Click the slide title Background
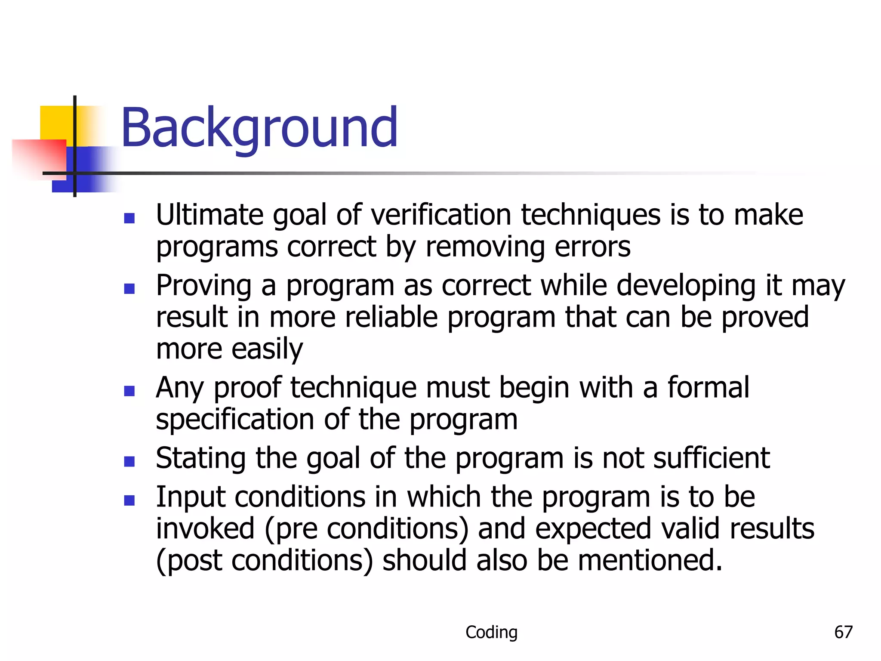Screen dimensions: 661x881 pyautogui.click(x=259, y=128)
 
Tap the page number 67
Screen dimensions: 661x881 pyautogui.click(x=843, y=632)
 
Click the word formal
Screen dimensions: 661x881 pyautogui.click(x=708, y=387)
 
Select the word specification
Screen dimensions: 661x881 pyautogui.click(x=235, y=419)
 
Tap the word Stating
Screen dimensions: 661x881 pyautogui.click(x=200, y=458)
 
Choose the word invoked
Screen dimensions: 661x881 pyautogui.click(x=205, y=529)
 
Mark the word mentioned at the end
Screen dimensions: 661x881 pyautogui.click(x=649, y=561)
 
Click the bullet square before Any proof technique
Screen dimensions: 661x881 pyautogui.click(x=129, y=391)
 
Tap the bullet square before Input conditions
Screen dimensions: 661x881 pyautogui.click(x=129, y=500)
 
